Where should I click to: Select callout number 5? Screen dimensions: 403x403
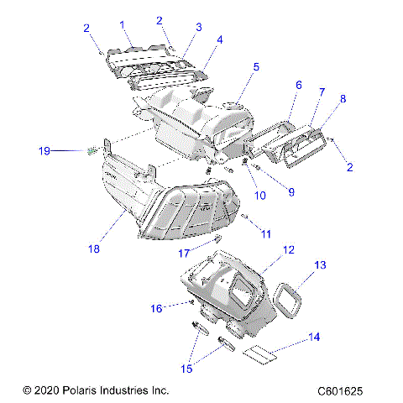(x=256, y=65)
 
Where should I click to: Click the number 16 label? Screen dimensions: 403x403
(x=156, y=308)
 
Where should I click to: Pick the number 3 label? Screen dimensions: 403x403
(x=198, y=27)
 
